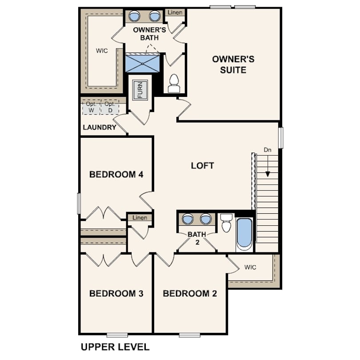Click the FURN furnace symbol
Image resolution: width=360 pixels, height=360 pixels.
[140, 90]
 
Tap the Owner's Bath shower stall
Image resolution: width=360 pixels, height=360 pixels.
[142, 63]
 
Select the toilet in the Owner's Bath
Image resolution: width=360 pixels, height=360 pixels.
[174, 84]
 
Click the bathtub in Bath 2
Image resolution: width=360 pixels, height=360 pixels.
[244, 234]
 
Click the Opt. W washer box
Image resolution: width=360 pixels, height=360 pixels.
[92, 107]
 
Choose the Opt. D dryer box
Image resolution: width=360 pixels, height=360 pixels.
[110, 107]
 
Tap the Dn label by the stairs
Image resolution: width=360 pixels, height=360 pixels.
[268, 150]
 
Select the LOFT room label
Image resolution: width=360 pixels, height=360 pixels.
[202, 165]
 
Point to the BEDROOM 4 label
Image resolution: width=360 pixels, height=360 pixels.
[116, 175]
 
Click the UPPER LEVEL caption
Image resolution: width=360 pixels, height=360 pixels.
[115, 347]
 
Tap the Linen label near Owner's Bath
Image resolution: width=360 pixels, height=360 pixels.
[175, 12]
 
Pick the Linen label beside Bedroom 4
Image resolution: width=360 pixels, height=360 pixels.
[140, 217]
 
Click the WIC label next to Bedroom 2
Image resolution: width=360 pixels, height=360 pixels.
[250, 267]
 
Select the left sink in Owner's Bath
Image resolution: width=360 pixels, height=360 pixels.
[134, 16]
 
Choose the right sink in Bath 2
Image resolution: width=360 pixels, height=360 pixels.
[205, 219]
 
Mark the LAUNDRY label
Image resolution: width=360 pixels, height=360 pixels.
[100, 128]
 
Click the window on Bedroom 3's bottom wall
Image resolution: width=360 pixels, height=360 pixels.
[117, 335]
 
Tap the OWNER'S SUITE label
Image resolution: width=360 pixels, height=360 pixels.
[233, 64]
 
